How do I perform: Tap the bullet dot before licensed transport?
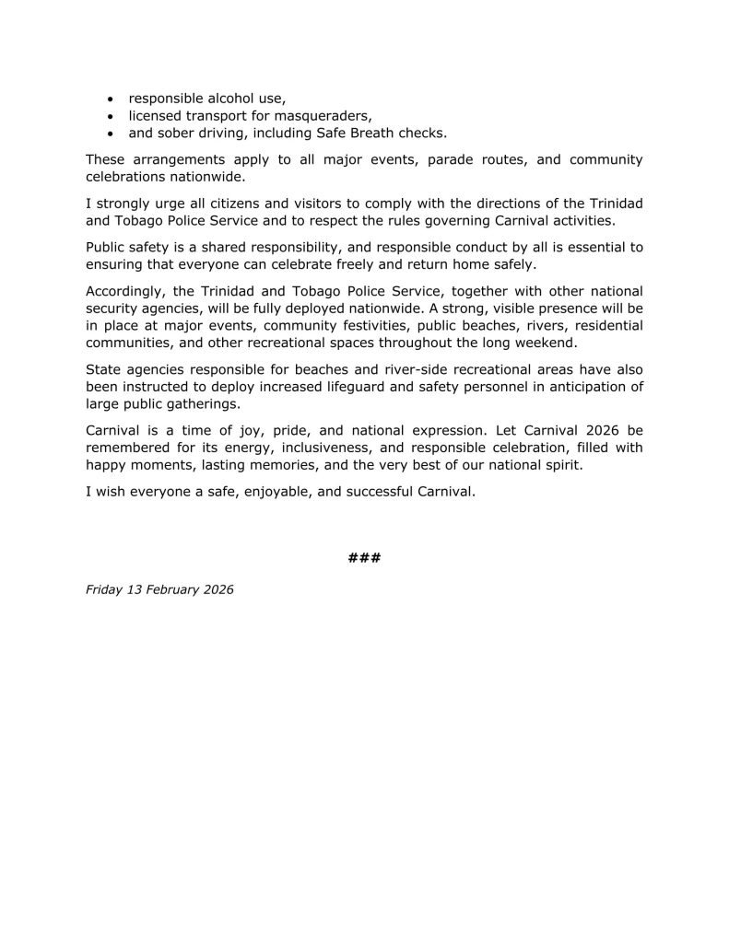point(112,116)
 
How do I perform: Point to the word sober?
point(179,133)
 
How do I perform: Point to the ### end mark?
point(364,558)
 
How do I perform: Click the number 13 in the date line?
point(134,589)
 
